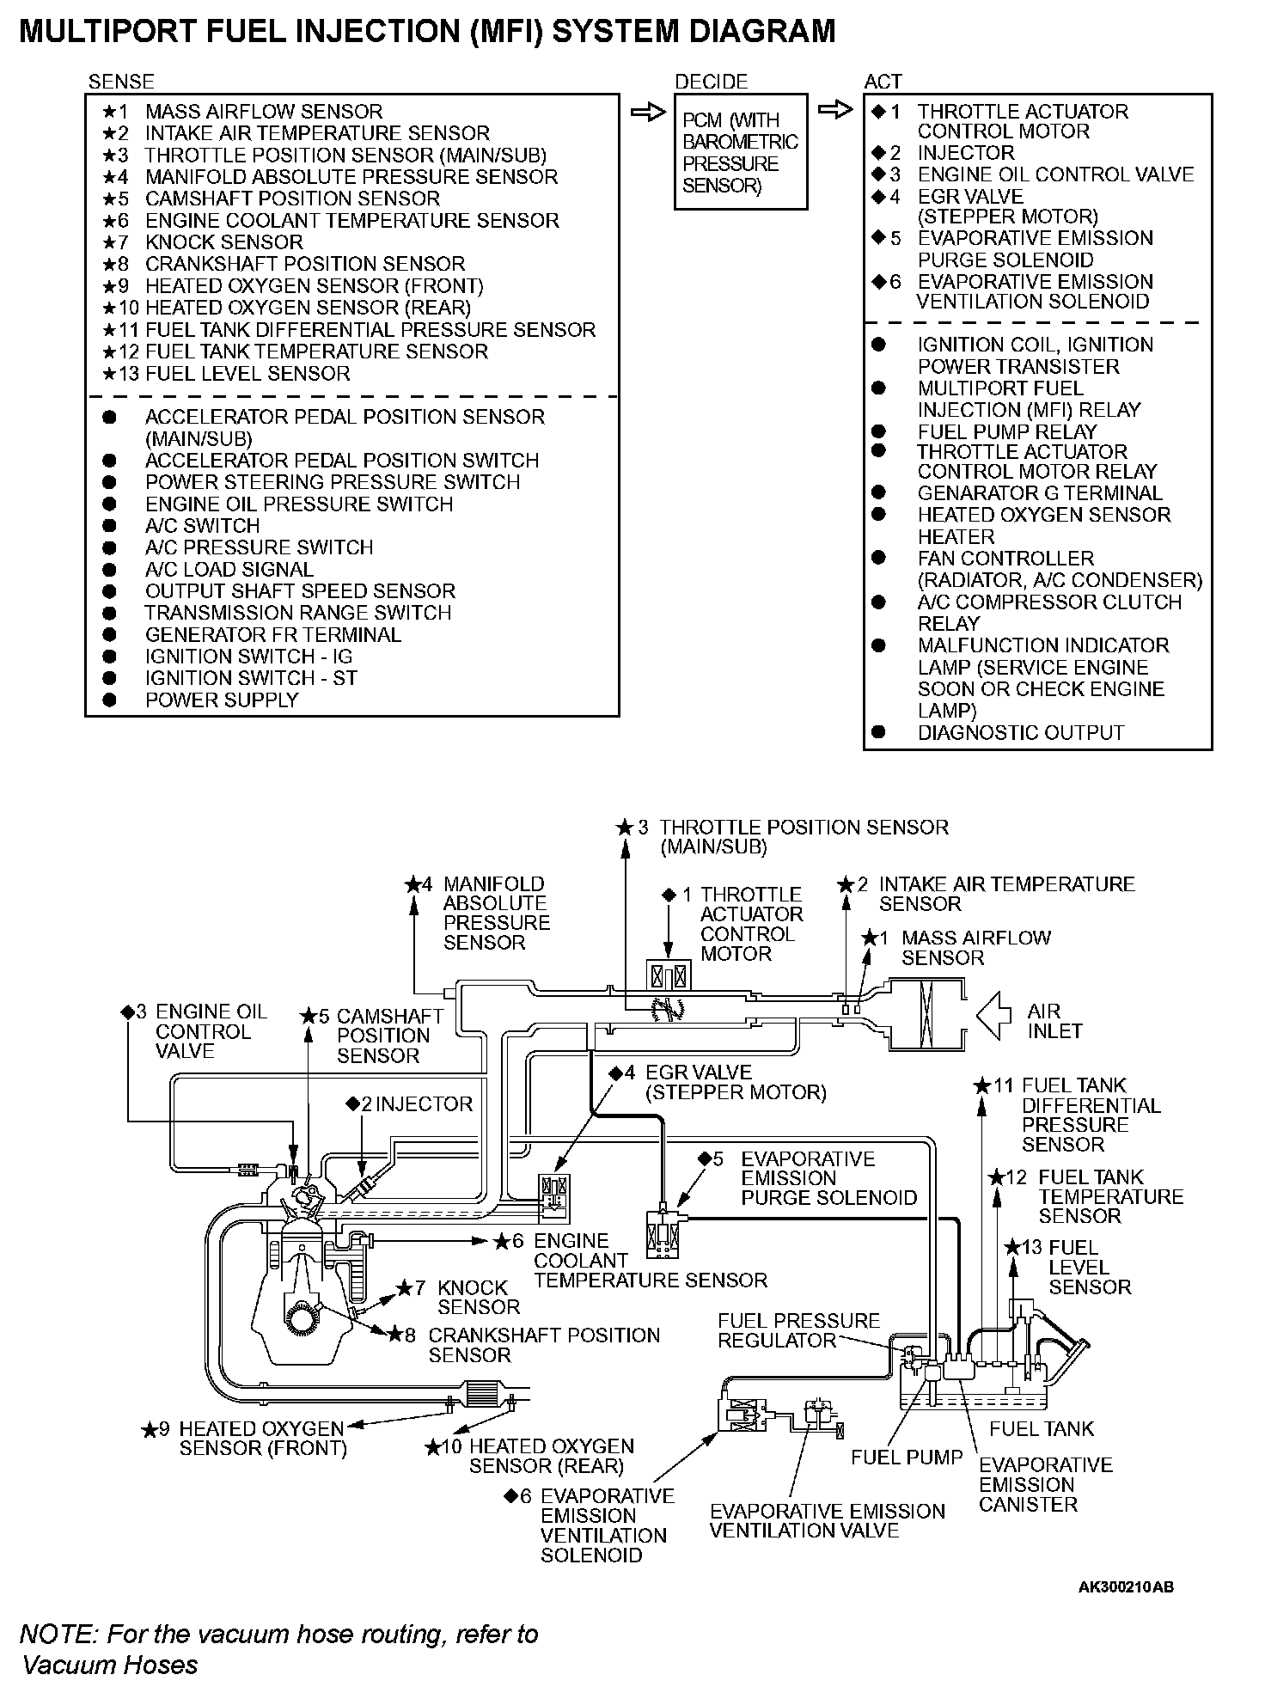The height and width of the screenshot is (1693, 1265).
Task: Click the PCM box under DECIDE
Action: point(740,152)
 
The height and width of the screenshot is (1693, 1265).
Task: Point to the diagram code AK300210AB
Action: point(1126,1586)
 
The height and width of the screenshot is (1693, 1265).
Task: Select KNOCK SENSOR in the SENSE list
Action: point(223,242)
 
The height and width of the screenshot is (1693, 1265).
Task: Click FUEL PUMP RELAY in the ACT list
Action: point(1006,431)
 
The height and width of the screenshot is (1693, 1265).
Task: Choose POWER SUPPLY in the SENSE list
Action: point(221,700)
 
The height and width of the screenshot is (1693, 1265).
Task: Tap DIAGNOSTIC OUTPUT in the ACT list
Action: point(1020,733)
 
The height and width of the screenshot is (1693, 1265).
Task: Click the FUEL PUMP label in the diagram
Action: point(906,1457)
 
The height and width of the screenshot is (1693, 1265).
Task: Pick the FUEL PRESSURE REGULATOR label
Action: point(798,1330)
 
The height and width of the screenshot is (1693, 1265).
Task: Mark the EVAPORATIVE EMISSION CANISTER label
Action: point(1045,1484)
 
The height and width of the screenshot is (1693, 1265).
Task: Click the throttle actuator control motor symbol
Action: point(668,977)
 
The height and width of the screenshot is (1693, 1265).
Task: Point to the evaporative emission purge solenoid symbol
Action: point(665,1234)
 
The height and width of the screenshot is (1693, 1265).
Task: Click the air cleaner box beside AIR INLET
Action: point(926,1015)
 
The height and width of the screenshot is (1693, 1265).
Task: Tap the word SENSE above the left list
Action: point(121,82)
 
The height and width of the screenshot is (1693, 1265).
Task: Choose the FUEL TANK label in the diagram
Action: point(1041,1428)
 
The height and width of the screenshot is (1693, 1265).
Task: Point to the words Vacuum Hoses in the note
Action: point(110,1665)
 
